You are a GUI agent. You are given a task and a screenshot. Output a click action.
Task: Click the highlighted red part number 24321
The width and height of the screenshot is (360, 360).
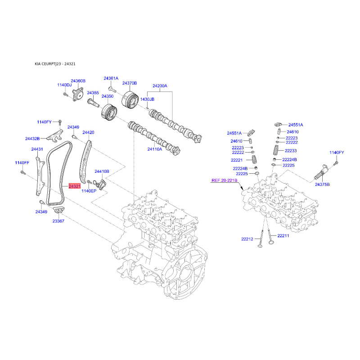pyautogui.click(x=75, y=186)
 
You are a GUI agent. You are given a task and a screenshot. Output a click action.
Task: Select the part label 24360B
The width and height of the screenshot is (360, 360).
pyautogui.click(x=78, y=81)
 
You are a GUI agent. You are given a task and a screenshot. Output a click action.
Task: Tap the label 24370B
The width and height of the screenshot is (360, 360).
pyautogui.click(x=130, y=83)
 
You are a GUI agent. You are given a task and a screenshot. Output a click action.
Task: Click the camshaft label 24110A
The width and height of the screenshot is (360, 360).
pyautogui.click(x=154, y=149)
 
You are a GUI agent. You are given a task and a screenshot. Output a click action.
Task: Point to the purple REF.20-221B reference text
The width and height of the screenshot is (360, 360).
pyautogui.click(x=224, y=180)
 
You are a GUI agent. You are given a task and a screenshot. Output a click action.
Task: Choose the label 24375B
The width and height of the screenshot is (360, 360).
pyautogui.click(x=322, y=184)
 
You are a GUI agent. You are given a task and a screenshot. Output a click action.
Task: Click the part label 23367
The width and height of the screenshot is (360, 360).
pyautogui.click(x=58, y=221)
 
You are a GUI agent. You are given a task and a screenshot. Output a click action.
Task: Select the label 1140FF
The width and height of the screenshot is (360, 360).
pyautogui.click(x=22, y=162)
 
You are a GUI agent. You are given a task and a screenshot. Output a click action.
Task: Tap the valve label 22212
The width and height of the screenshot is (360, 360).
pyautogui.click(x=247, y=239)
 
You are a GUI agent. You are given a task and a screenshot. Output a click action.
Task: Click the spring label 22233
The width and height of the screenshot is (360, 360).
pyautogui.click(x=291, y=151)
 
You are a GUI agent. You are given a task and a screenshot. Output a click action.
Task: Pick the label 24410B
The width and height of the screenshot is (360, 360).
pyautogui.click(x=102, y=171)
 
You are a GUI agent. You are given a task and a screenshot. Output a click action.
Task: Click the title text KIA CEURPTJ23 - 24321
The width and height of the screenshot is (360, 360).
pyautogui.click(x=55, y=64)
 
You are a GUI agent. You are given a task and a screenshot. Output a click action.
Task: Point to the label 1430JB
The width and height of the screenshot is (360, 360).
pyautogui.click(x=147, y=99)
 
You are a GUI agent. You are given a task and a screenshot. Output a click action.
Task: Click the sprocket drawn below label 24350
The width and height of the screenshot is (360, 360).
pyautogui.click(x=109, y=112)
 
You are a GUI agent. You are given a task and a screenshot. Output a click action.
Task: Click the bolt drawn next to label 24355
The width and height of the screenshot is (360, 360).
pyautogui.click(x=93, y=103)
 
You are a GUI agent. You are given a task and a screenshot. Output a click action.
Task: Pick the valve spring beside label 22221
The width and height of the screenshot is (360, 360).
pyautogui.click(x=254, y=159)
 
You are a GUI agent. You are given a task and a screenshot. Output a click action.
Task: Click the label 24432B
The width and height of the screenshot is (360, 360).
pyautogui.click(x=32, y=139)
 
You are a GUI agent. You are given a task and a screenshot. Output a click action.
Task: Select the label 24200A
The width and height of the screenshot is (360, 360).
pyautogui.click(x=160, y=85)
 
